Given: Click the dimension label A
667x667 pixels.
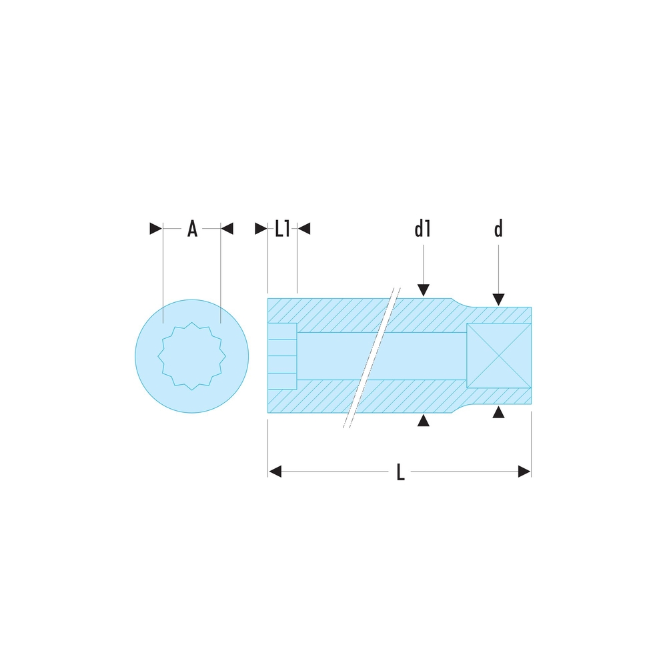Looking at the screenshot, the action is coord(192,229).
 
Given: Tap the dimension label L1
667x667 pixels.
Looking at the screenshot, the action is coord(282,229).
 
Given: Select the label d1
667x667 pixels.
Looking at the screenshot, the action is coord(422,229).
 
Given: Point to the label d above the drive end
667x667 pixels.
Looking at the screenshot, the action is coord(498,229).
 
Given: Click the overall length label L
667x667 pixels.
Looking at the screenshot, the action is coord(400,472).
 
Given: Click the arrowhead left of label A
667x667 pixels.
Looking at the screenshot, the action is coord(155,228).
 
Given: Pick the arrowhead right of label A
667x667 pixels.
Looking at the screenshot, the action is coord(227,228).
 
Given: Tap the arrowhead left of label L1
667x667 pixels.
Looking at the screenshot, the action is coord(261,228).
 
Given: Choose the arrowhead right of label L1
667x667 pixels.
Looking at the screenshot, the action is coord(303,228).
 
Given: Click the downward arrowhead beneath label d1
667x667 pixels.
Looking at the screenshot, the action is coord(424,290).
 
